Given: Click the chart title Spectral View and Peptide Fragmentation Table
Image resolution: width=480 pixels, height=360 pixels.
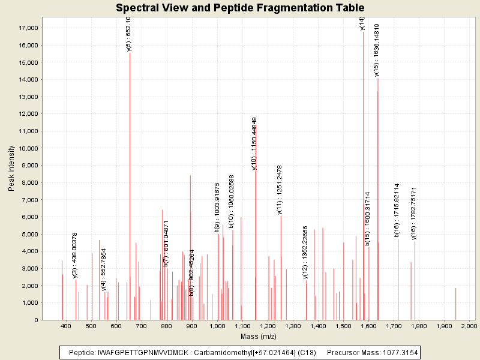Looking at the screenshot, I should tap(240, 8).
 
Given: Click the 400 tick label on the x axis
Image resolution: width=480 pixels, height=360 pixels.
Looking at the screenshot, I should tap(66, 326).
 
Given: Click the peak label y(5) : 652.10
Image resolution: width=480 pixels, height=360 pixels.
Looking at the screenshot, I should tap(128, 34).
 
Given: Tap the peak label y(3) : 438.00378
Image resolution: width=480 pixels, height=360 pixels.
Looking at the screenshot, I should tap(75, 255).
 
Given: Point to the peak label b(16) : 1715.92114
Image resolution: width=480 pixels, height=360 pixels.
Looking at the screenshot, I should tap(397, 210).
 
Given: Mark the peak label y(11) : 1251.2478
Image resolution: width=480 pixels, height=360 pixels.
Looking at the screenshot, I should tap(280, 189).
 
